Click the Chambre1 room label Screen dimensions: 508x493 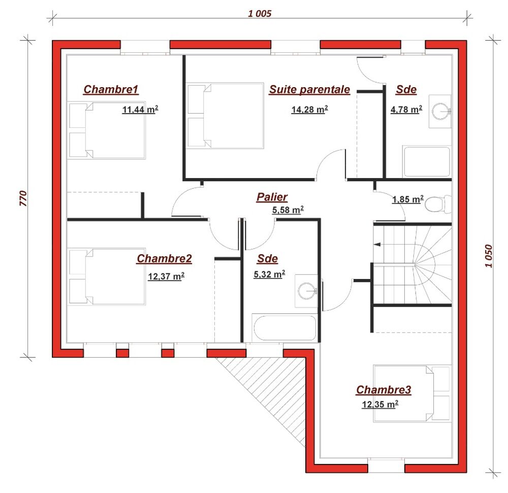click(x=111, y=89)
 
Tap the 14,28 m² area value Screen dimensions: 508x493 click(x=310, y=110)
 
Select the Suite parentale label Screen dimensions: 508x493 click(x=309, y=89)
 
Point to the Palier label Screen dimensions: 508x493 click(x=272, y=197)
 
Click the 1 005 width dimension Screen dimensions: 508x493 click(x=260, y=14)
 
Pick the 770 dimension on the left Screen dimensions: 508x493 click(x=23, y=198)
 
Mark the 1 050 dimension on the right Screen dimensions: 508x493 click(x=489, y=256)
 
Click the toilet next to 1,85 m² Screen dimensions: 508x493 click(x=438, y=204)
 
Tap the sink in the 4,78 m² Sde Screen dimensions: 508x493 click(x=440, y=111)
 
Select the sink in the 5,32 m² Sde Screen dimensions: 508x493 click(x=306, y=291)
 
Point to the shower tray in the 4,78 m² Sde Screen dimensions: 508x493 click(x=427, y=162)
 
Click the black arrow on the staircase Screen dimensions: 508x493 click(x=377, y=244)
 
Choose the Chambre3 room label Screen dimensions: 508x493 click(x=384, y=390)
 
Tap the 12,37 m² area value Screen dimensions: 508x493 click(x=166, y=276)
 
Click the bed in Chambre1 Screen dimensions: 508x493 click(x=106, y=130)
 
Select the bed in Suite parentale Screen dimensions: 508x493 click(x=226, y=116)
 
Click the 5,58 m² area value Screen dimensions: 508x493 click(x=288, y=210)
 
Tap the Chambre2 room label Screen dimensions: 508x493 click(x=164, y=259)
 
